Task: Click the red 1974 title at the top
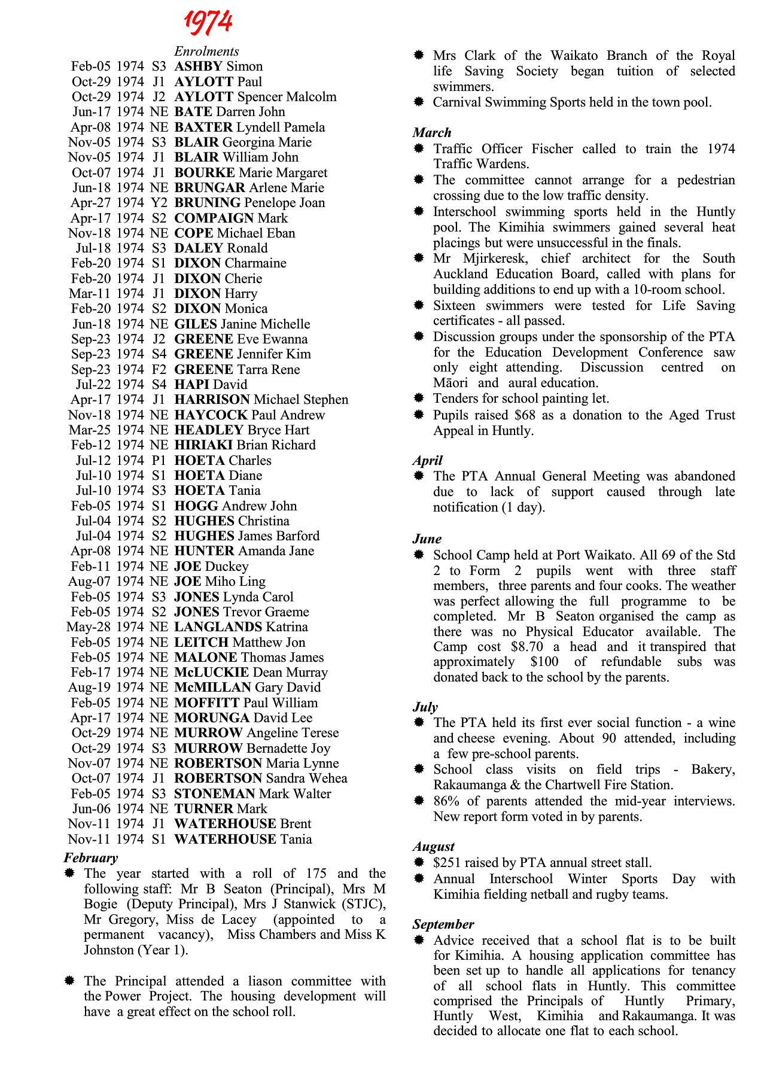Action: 208,22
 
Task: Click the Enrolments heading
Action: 206,51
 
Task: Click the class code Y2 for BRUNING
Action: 159,203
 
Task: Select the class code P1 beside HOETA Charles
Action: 159,461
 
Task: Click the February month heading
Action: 91,858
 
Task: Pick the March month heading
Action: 432,133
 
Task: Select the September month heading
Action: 443,924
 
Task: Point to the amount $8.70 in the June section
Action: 527,647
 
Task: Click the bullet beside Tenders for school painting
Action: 419,398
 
